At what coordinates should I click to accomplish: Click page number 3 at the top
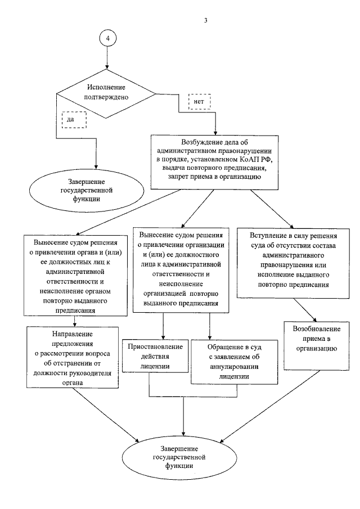206,21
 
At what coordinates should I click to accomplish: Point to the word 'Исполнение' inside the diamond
106,87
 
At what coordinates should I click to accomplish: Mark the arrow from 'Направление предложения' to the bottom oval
110,415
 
